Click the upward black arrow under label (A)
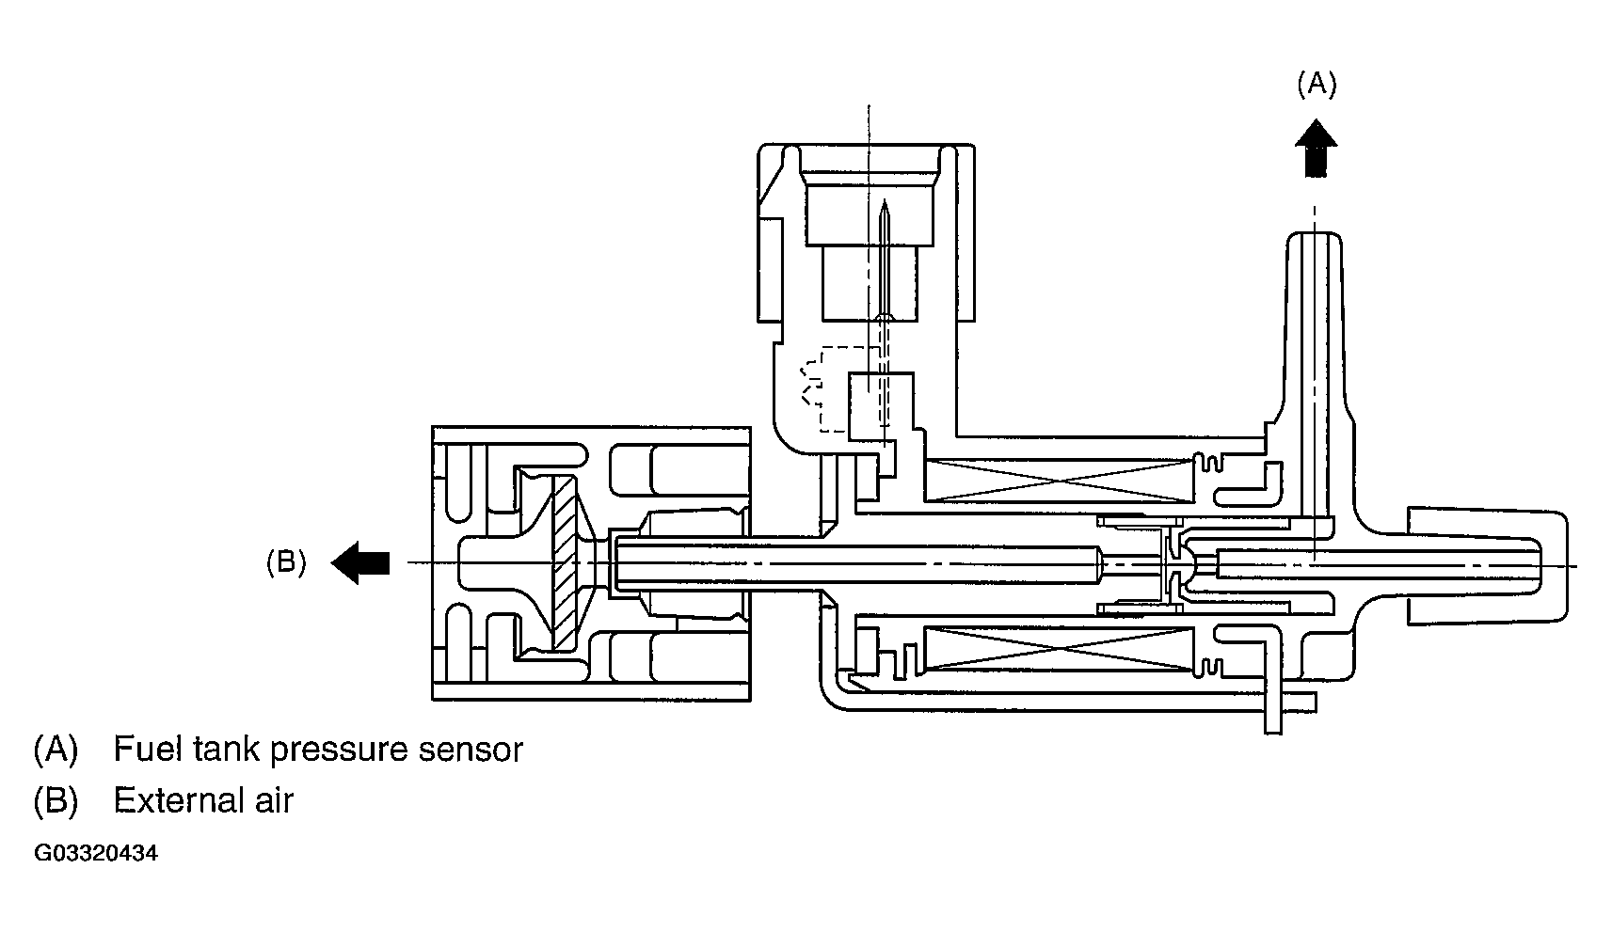pyautogui.click(x=1316, y=149)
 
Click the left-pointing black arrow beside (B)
pyautogui.click(x=359, y=562)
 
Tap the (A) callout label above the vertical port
pyautogui.click(x=1317, y=84)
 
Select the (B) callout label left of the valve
pyautogui.click(x=286, y=561)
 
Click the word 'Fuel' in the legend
pyautogui.click(x=150, y=749)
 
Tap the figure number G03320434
pyautogui.click(x=96, y=854)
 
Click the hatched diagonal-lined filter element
pyautogui.click(x=565, y=563)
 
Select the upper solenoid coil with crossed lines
pyautogui.click(x=1059, y=481)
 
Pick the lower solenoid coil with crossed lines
pyautogui.click(x=1059, y=649)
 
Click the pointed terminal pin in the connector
pyautogui.click(x=885, y=259)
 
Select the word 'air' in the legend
pyautogui.click(x=274, y=800)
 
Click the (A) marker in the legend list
pyautogui.click(x=56, y=749)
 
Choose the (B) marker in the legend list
pyautogui.click(x=56, y=800)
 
